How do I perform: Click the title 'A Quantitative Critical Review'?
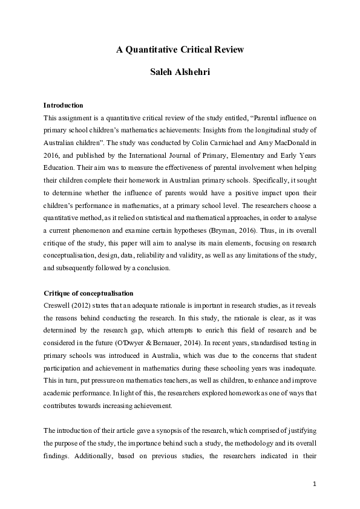[180, 50]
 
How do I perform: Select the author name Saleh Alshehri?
[180, 73]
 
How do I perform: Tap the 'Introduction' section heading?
[64, 105]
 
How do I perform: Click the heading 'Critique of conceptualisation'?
[88, 293]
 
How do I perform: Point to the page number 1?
[315, 484]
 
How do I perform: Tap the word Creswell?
[59, 305]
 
